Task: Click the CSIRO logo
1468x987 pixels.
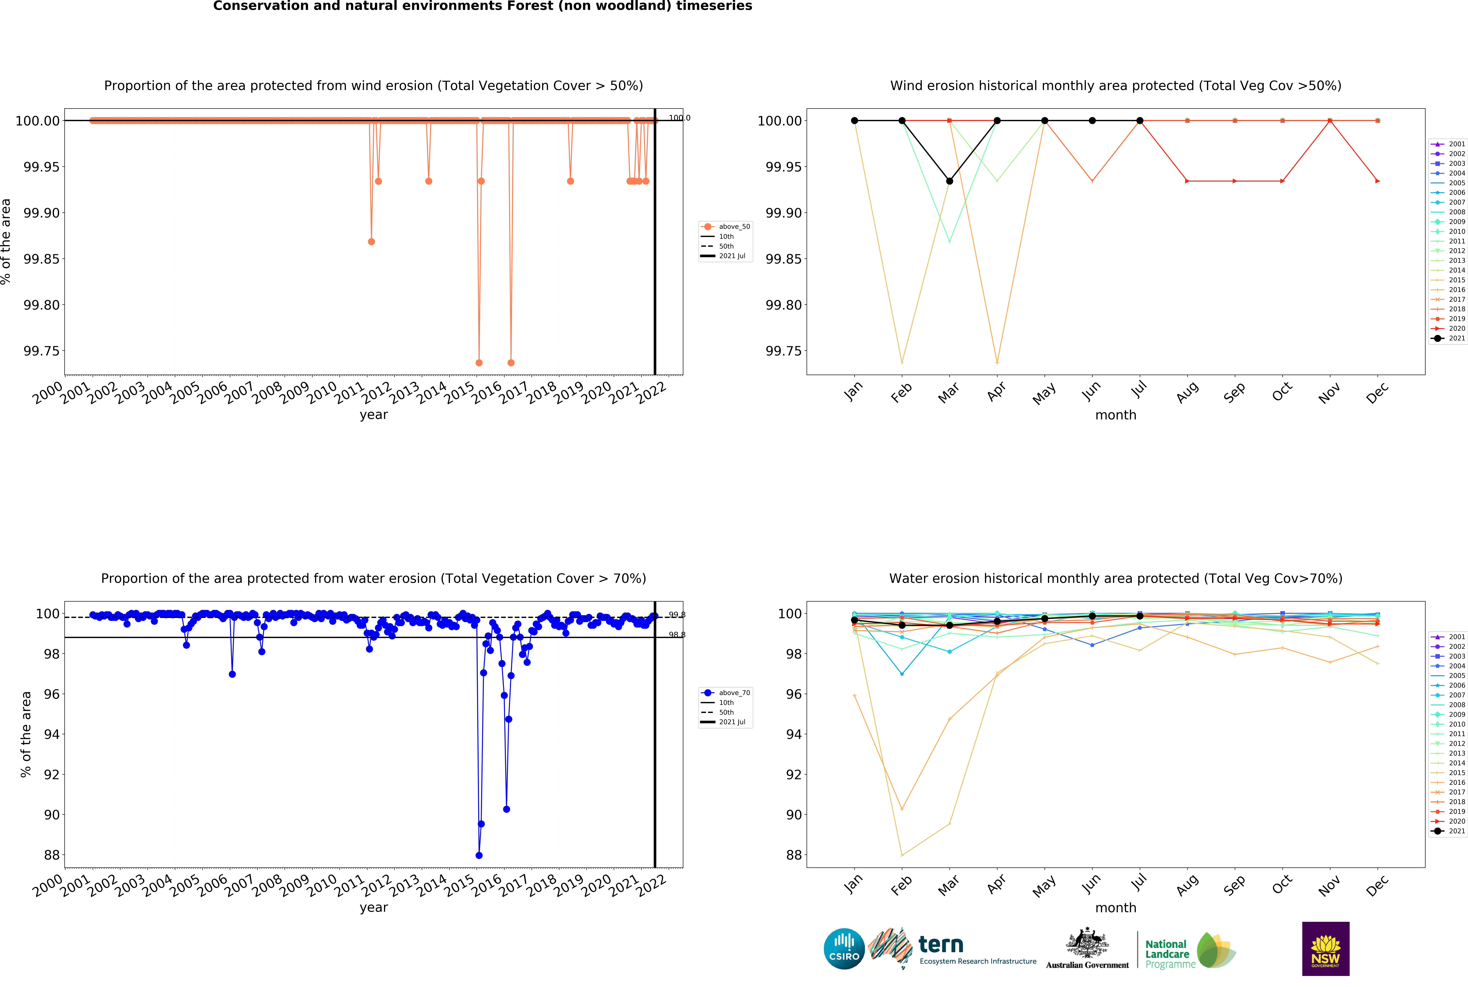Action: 844,949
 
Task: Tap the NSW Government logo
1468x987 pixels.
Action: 1325,949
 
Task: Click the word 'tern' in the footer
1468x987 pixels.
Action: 941,945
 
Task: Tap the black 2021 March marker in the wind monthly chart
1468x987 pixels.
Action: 950,181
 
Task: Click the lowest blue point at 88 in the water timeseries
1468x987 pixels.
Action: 479,855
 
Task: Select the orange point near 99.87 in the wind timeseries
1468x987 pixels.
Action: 371,242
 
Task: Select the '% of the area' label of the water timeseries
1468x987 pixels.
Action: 26,734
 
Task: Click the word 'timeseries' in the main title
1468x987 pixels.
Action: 714,6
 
